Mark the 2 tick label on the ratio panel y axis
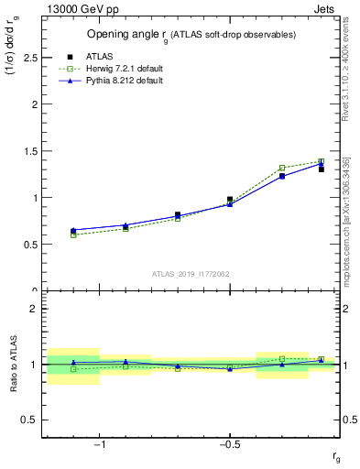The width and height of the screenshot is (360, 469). [x=33, y=309]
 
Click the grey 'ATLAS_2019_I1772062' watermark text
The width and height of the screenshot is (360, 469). [x=191, y=273]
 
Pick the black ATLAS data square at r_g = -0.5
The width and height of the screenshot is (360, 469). [x=230, y=200]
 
